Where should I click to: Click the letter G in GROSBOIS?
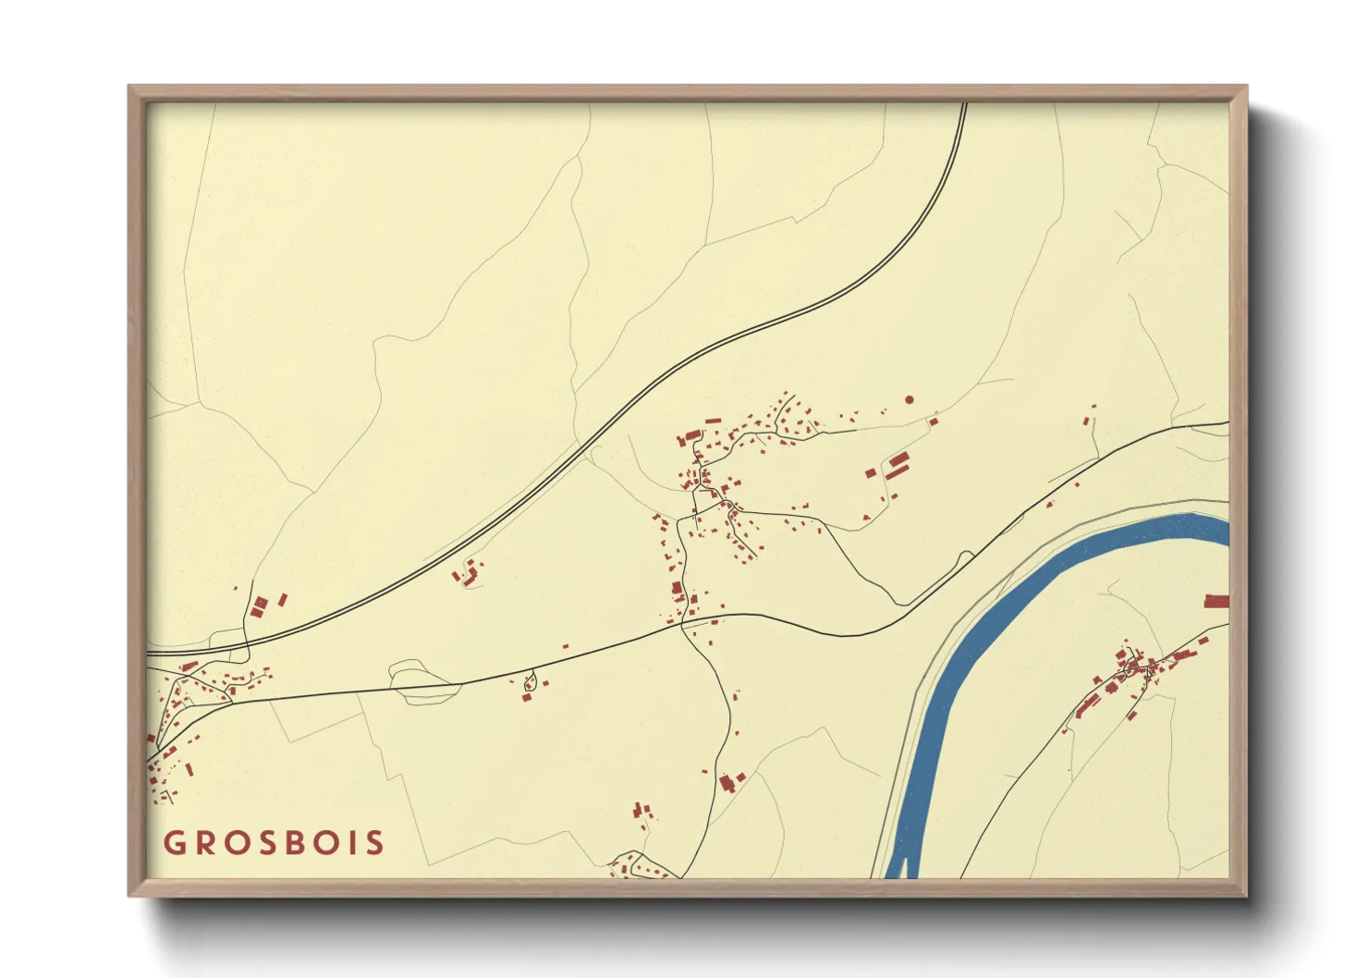tap(174, 843)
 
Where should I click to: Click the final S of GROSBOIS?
tap(374, 843)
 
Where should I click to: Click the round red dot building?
tap(910, 399)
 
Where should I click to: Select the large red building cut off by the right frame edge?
tap(1216, 601)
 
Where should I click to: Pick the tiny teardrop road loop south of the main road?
tap(530, 683)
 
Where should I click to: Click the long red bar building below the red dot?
tap(897, 471)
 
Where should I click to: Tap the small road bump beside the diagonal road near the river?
tap(966, 556)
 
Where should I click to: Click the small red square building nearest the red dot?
tap(934, 422)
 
